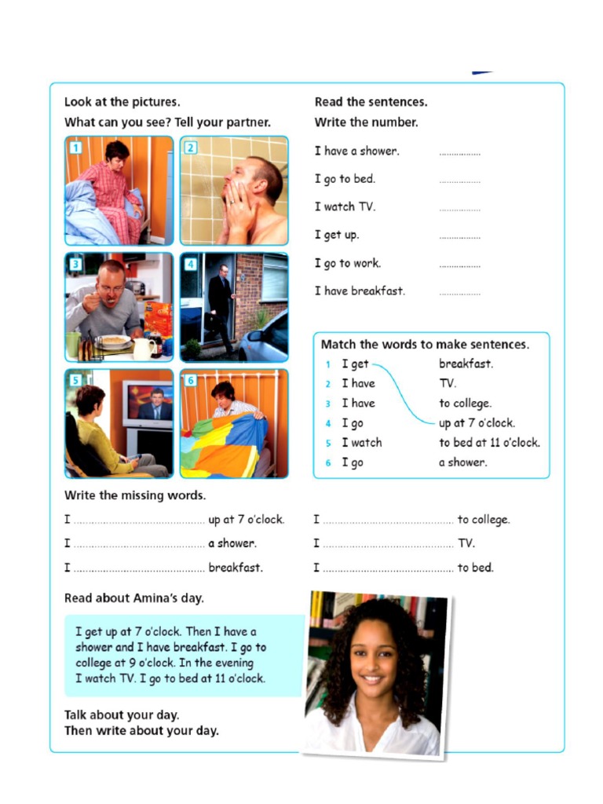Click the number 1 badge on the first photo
75,147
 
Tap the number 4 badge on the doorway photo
191,264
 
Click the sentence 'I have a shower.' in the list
356,151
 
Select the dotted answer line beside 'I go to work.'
459,265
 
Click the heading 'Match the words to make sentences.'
425,345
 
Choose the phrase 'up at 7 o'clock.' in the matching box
477,423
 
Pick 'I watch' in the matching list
361,443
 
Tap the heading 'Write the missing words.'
135,495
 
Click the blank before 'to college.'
388,521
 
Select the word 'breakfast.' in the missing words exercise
236,568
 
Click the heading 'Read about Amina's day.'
133,598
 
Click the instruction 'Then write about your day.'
141,731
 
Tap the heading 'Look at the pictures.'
122,102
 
